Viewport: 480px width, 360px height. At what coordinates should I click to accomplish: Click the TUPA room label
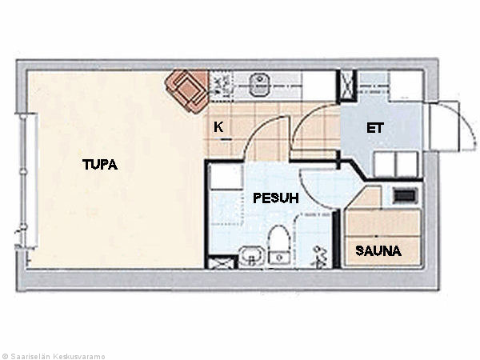pyautogui.click(x=100, y=165)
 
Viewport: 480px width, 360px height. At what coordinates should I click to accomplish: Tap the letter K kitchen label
pyautogui.click(x=218, y=126)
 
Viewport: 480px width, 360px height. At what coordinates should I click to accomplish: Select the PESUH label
pyautogui.click(x=275, y=198)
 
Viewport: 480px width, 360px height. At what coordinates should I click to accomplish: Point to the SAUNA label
pyautogui.click(x=378, y=251)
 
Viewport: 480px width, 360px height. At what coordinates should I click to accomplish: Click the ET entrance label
pyautogui.click(x=375, y=128)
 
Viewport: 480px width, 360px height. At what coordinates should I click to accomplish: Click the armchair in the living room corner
pyautogui.click(x=186, y=90)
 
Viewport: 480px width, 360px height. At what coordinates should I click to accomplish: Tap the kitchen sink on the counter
pyautogui.click(x=259, y=85)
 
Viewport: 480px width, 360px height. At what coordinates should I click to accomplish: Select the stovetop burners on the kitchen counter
pyautogui.click(x=220, y=84)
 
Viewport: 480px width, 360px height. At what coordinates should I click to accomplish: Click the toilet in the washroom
pyautogui.click(x=279, y=245)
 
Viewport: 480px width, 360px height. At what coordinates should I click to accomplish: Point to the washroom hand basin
pyautogui.click(x=250, y=256)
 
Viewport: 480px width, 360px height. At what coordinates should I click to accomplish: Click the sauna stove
pyautogui.click(x=404, y=195)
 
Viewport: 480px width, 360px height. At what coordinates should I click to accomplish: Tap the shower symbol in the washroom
pyautogui.click(x=319, y=257)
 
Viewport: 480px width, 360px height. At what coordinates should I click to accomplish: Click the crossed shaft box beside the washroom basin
pyautogui.click(x=222, y=263)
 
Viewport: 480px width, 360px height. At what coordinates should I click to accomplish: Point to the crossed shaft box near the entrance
pyautogui.click(x=347, y=86)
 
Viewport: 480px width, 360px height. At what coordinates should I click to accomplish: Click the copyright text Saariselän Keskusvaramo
pyautogui.click(x=53, y=356)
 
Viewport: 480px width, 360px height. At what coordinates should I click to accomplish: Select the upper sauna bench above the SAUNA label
pyautogui.click(x=382, y=223)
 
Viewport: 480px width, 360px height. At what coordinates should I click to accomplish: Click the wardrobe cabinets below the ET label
pyautogui.click(x=397, y=164)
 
